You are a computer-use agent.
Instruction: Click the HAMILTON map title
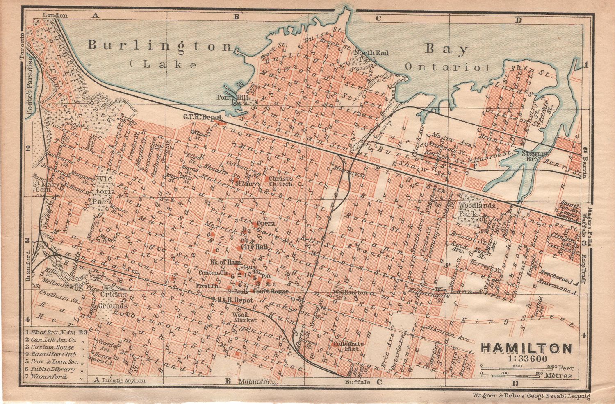526,348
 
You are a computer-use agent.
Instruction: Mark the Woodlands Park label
471,209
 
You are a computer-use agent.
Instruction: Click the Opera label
265,224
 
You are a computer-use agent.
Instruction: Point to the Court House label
271,291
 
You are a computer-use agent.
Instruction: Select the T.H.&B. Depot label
232,300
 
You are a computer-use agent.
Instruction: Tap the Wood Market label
244,317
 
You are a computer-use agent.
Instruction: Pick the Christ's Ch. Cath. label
281,181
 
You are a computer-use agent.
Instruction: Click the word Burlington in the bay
160,45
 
